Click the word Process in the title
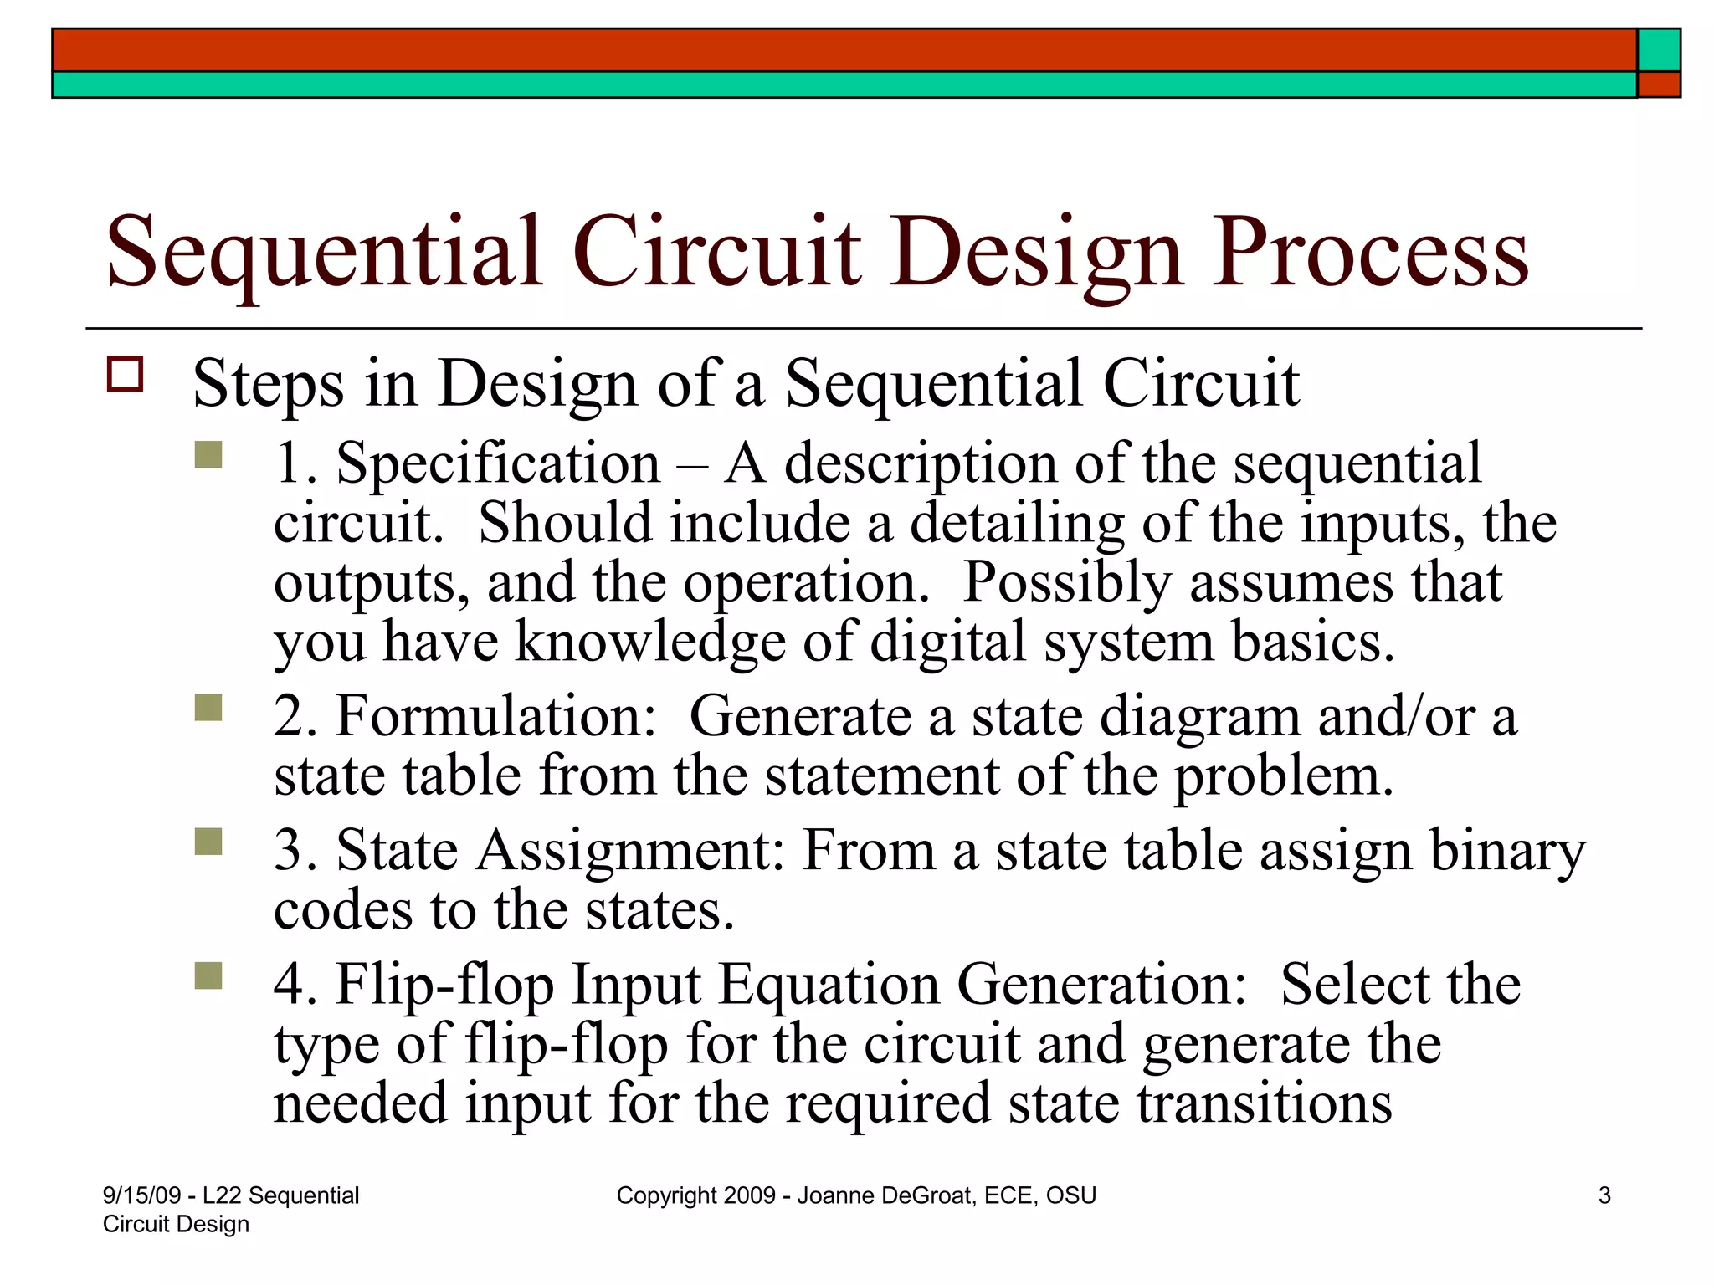point(1370,253)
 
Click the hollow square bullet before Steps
point(126,374)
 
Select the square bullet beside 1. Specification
point(208,455)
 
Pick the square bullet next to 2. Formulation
point(208,708)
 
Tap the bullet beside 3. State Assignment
point(208,842)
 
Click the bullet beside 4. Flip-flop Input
point(208,975)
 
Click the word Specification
point(498,464)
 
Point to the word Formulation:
point(496,717)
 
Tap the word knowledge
point(649,642)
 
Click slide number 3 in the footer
point(1604,1195)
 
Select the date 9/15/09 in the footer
point(141,1195)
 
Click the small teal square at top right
point(1658,50)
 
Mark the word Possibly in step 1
point(1067,583)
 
